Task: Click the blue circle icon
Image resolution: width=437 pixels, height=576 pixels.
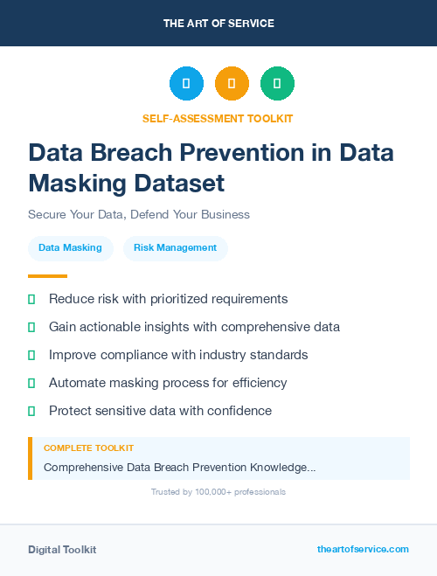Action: pyautogui.click(x=186, y=84)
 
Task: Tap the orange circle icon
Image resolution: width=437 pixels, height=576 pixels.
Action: pyautogui.click(x=232, y=84)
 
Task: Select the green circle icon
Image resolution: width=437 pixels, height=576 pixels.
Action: pyautogui.click(x=277, y=84)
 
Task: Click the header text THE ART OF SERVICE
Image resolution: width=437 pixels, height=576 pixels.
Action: pyautogui.click(x=218, y=24)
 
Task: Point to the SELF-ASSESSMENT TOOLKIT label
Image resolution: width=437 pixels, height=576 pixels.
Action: pyautogui.click(x=218, y=118)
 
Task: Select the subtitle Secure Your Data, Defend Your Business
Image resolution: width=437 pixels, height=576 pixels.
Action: pyautogui.click(x=139, y=214)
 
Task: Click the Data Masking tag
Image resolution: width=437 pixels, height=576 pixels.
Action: pyautogui.click(x=71, y=248)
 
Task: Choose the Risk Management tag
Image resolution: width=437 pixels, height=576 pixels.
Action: pyautogui.click(x=175, y=248)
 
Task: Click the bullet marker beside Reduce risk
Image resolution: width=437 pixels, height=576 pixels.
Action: pyautogui.click(x=31, y=299)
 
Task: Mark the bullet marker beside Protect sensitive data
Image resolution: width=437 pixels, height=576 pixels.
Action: pyautogui.click(x=31, y=411)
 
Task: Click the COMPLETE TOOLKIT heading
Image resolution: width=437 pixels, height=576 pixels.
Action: pyautogui.click(x=88, y=448)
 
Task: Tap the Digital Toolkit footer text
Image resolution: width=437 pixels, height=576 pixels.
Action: pyautogui.click(x=62, y=550)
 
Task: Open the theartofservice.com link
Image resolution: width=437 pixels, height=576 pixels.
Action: pyautogui.click(x=363, y=549)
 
